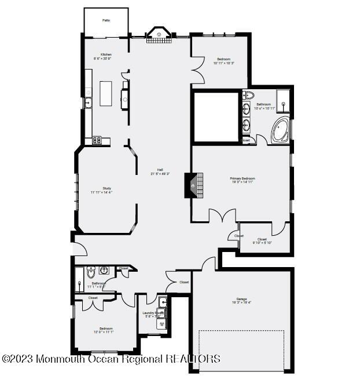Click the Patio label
click(x=106, y=20)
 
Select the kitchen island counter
click(x=105, y=93)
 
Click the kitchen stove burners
click(x=97, y=140)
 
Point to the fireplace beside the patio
click(x=158, y=35)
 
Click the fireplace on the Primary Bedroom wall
click(x=194, y=185)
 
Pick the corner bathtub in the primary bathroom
click(x=281, y=129)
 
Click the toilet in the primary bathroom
click(x=248, y=96)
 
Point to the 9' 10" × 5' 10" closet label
click(x=262, y=240)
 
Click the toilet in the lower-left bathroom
click(x=91, y=272)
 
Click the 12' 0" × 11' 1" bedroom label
click(x=105, y=330)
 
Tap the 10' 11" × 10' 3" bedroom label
click(x=224, y=61)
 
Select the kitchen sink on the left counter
click(x=87, y=104)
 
